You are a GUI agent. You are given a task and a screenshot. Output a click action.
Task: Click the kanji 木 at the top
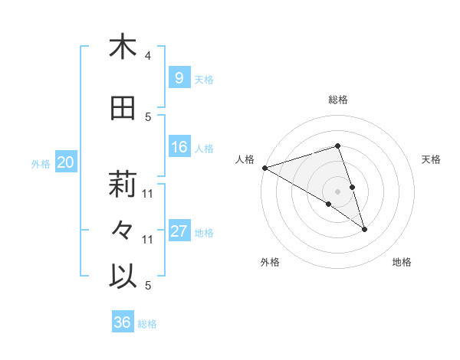coord(123,47)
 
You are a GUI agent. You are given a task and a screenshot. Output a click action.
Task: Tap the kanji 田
coord(123,108)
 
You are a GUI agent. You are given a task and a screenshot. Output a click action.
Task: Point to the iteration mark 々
coord(123,231)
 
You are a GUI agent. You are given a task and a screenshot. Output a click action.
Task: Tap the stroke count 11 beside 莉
coord(148,193)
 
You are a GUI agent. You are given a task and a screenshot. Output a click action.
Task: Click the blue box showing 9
coord(179,77)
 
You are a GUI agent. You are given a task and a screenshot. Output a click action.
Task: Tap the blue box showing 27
coord(179,231)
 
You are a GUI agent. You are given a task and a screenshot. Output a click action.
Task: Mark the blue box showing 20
coord(65,162)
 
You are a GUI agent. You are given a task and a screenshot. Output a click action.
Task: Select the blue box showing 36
coord(122,322)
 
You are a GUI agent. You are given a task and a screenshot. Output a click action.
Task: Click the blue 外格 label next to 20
coord(41,163)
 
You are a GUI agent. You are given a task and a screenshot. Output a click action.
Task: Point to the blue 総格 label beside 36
coord(147,324)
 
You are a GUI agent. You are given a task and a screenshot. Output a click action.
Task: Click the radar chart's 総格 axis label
coord(338,100)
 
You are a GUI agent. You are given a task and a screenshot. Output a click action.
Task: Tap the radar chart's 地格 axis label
coord(402,262)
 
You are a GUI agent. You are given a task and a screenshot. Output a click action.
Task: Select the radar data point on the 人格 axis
coord(264,167)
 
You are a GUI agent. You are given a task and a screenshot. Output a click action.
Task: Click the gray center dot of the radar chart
coord(338,191)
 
